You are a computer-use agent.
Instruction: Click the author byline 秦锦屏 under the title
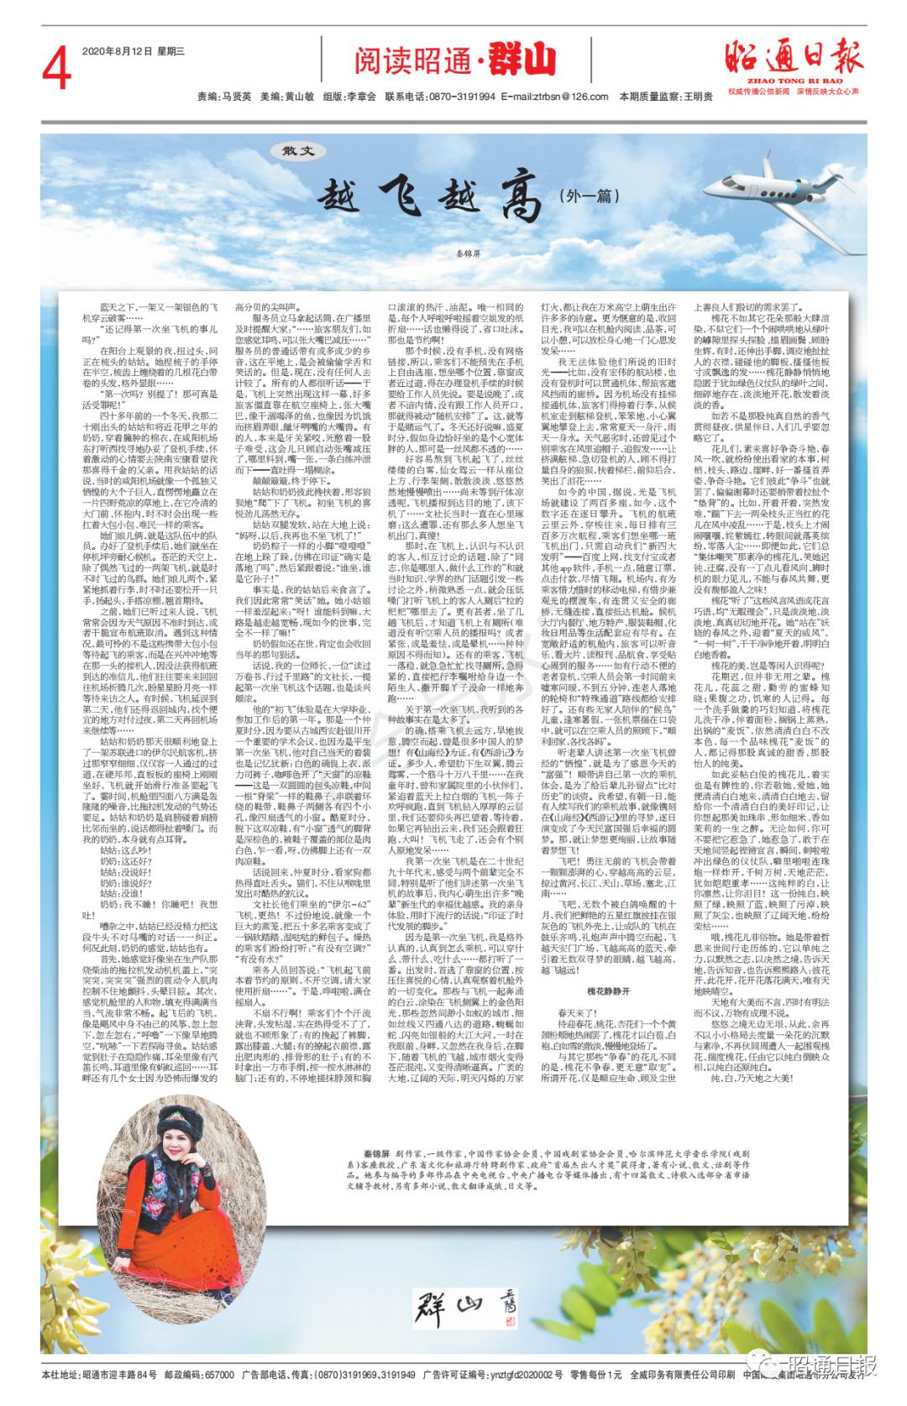454,251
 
